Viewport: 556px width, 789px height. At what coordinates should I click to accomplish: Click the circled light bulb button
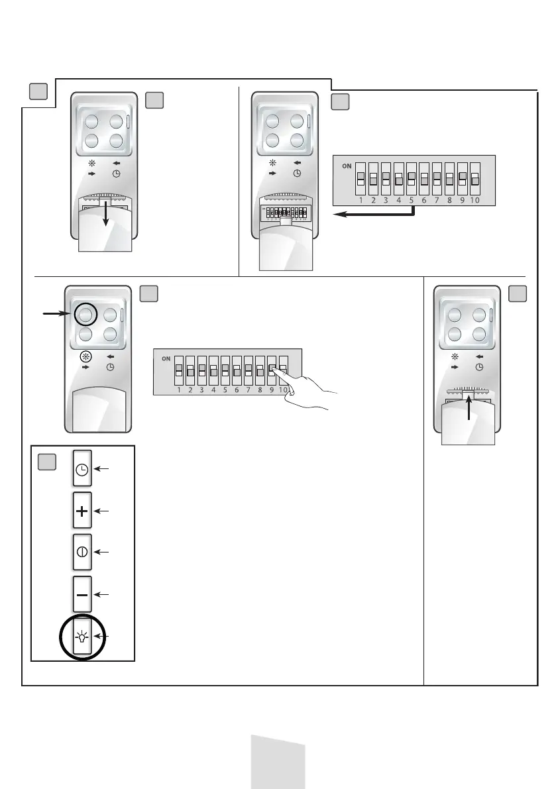(82, 638)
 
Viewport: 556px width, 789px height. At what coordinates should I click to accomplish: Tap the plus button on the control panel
(82, 511)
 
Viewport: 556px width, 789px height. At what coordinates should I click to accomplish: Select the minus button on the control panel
(82, 594)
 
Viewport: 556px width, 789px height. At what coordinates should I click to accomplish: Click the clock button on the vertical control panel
(82, 470)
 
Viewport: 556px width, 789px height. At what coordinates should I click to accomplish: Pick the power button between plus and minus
(82, 552)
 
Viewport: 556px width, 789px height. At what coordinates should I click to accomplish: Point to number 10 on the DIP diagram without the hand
(474, 199)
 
